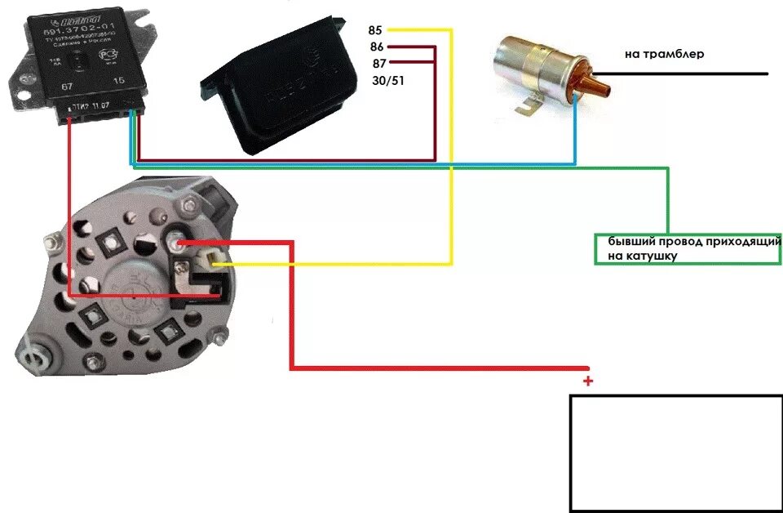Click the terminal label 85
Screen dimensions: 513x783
(375, 30)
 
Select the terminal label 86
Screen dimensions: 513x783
(376, 47)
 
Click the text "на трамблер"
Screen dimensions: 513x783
(664, 55)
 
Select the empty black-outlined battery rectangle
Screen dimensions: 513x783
(675, 453)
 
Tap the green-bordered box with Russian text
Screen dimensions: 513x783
(688, 249)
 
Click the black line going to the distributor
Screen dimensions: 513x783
(693, 74)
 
